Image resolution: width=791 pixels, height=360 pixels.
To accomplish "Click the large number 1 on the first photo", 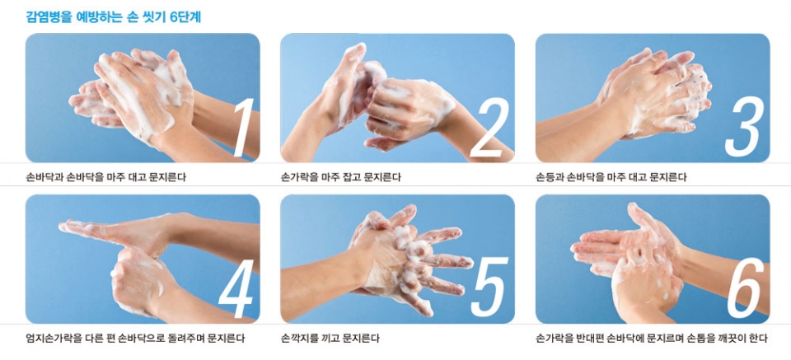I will tap(241, 127).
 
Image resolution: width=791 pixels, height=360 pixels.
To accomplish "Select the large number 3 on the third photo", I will tap(743, 127).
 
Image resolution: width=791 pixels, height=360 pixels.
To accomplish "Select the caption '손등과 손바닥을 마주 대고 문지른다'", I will tap(611, 177).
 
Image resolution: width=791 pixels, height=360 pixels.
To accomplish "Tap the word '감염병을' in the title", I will tap(47, 16).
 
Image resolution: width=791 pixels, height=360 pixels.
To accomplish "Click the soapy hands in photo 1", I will tap(140, 91).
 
